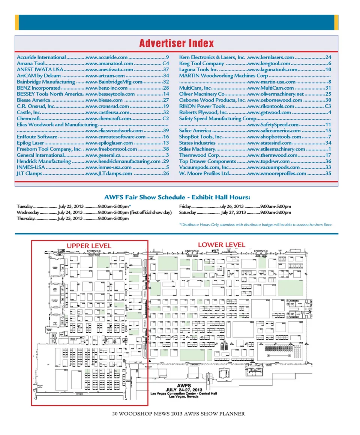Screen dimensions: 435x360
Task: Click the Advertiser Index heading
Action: click(x=176, y=43)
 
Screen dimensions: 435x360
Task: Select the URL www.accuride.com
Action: click(x=107, y=57)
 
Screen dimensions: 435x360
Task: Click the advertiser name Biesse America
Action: click(x=33, y=100)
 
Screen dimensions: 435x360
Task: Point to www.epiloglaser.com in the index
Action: click(x=109, y=143)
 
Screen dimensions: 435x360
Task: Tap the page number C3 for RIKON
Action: click(x=328, y=106)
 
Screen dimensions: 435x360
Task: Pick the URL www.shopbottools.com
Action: click(x=274, y=136)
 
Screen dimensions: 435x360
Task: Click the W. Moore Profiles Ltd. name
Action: click(x=204, y=173)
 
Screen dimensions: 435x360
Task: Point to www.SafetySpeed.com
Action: click(x=273, y=124)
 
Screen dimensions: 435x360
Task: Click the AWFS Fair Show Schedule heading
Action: click(x=177, y=197)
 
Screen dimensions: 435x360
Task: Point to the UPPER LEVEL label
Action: click(x=89, y=246)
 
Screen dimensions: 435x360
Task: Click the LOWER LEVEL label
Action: click(x=221, y=245)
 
